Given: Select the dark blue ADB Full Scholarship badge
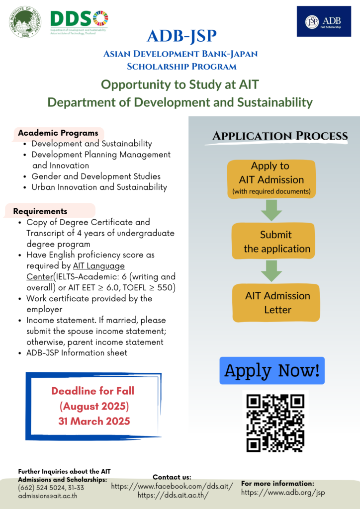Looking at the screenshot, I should pos(324,21).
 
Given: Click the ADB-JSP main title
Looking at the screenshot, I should pos(181,36).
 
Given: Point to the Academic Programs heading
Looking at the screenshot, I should pos(58,133).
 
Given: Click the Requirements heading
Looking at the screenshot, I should pos(40,211).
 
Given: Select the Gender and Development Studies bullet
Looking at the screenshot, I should pos(96,176).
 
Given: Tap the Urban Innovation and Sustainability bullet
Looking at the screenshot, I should pos(99,187).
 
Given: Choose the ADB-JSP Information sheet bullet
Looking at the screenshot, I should pos(77,353).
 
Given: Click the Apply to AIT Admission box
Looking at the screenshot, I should pos(271,178).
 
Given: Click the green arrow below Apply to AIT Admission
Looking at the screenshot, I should pos(271,210).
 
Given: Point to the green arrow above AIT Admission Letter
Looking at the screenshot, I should pos(271,271).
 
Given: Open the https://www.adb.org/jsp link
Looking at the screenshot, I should pos(283,493).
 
